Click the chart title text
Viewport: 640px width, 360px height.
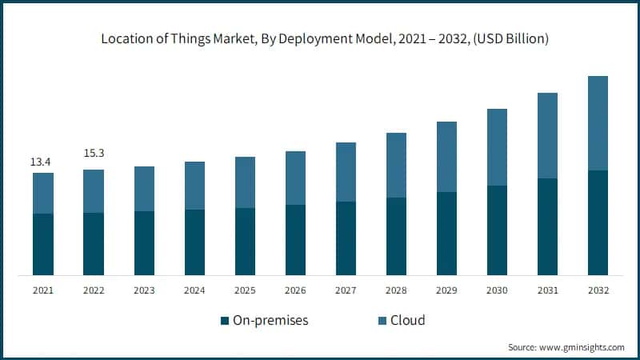320,38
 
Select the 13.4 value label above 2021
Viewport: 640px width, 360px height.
42,162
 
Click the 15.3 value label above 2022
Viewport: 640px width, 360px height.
94,153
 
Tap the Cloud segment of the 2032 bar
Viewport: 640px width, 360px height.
598,123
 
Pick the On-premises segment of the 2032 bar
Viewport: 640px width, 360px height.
598,223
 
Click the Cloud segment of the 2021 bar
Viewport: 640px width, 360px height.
43,193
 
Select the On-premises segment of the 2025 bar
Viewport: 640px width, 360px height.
246,242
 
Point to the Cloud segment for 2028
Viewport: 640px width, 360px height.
397,165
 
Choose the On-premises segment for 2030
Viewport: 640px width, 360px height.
498,230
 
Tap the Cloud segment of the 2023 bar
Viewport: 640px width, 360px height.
144,189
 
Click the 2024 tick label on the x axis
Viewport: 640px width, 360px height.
194,291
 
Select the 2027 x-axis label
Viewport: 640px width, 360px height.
346,291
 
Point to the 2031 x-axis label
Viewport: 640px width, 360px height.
548,291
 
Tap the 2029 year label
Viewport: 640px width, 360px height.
447,291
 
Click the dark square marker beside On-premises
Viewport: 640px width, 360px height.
224,322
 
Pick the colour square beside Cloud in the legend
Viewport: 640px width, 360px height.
382,322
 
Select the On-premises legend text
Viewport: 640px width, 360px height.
270,321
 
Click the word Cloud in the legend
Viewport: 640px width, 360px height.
408,321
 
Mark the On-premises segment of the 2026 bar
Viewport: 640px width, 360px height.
296,240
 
